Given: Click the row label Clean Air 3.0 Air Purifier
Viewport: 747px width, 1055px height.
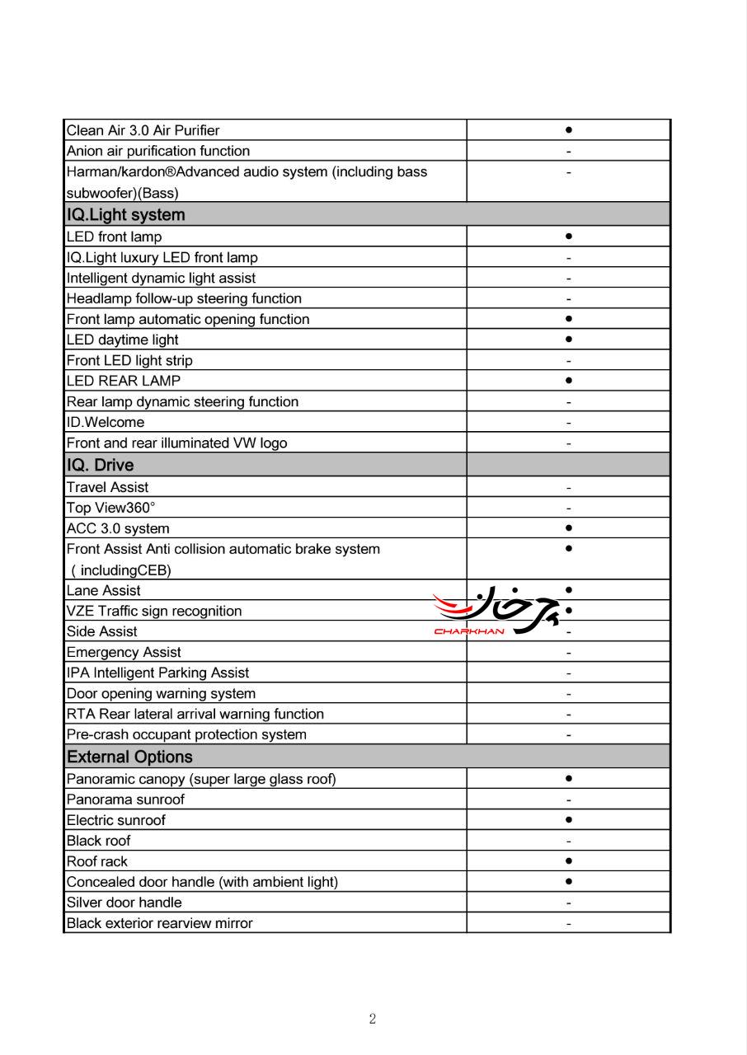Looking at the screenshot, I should pyautogui.click(x=143, y=130).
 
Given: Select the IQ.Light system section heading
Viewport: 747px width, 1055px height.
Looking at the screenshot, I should pyautogui.click(x=125, y=215).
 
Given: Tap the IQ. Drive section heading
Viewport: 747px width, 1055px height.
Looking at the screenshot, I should pyautogui.click(x=100, y=465).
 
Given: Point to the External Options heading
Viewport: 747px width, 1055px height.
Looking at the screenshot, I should pyautogui.click(x=129, y=757).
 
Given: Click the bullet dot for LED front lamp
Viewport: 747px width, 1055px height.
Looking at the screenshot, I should pyautogui.click(x=569, y=236).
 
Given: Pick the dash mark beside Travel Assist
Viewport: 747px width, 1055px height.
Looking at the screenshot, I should pyautogui.click(x=569, y=488).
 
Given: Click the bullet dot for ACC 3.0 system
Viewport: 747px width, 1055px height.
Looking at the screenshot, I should pyautogui.click(x=569, y=527).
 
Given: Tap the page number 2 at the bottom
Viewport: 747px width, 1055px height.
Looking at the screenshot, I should pyautogui.click(x=373, y=1020).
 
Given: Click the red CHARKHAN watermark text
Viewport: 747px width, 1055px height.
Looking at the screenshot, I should pyautogui.click(x=468, y=632).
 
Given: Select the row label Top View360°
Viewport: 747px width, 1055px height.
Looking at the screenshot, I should pyautogui.click(x=110, y=508).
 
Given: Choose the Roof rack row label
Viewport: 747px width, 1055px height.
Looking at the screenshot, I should pyautogui.click(x=97, y=861).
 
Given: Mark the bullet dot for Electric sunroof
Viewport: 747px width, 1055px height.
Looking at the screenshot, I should pyautogui.click(x=569, y=819).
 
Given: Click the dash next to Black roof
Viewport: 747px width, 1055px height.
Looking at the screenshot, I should pyautogui.click(x=569, y=842).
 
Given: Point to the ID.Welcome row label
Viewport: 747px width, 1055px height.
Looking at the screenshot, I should pyautogui.click(x=105, y=422).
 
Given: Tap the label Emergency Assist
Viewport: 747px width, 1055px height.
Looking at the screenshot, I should pyautogui.click(x=124, y=652).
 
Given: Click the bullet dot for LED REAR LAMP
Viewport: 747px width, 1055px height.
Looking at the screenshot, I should pyautogui.click(x=569, y=380).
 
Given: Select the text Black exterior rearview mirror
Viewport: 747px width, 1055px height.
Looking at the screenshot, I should pyautogui.click(x=159, y=923).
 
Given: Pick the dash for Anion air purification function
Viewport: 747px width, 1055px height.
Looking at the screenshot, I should pyautogui.click(x=569, y=152).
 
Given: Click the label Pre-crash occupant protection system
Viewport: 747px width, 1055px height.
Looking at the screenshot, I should pyautogui.click(x=186, y=734).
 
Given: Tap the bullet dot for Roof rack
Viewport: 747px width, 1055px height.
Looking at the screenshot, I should pyautogui.click(x=569, y=860).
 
